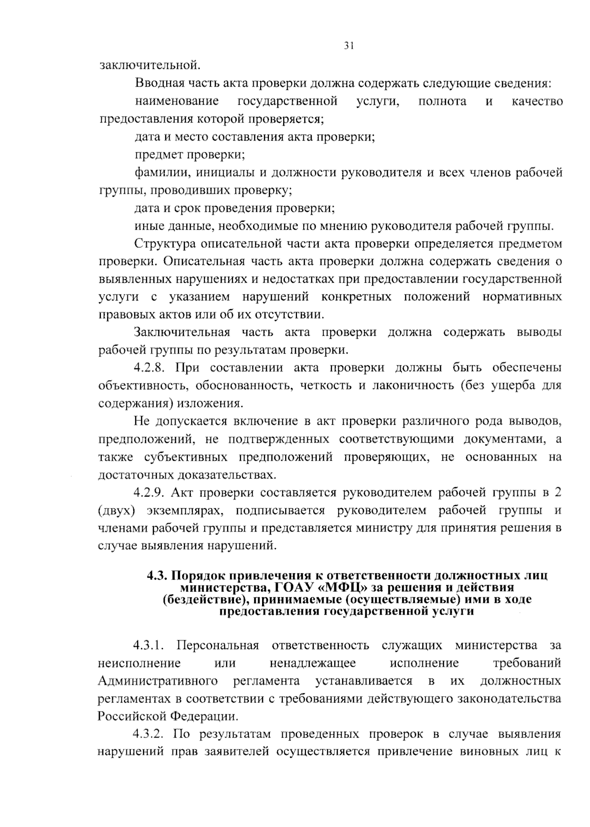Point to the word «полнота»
pyautogui.click(x=442, y=101)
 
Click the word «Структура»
pyautogui.click(x=165, y=244)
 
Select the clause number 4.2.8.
pyautogui.click(x=149, y=368)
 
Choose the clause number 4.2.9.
pyautogui.click(x=149, y=493)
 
